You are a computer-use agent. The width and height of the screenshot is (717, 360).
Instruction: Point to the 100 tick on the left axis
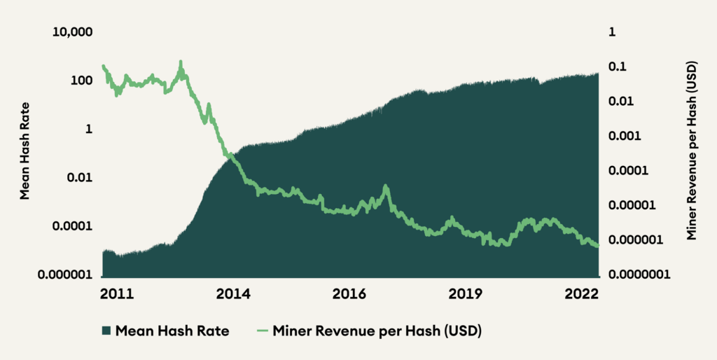pyautogui.click(x=83, y=81)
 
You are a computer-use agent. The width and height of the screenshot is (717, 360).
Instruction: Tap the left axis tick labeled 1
pyautogui.click(x=89, y=130)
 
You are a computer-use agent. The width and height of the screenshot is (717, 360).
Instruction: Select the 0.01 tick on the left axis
pyautogui.click(x=81, y=178)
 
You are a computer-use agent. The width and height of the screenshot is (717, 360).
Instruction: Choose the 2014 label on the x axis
pyautogui.click(x=235, y=294)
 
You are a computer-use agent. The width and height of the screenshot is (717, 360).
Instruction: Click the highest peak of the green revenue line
pyautogui.click(x=181, y=62)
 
